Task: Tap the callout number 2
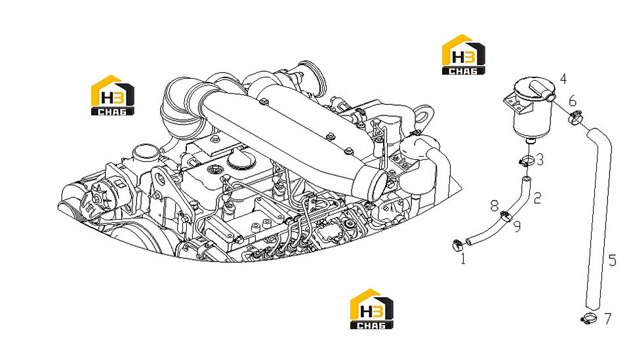click(x=538, y=197)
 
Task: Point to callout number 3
click(x=540, y=159)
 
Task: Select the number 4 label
click(x=563, y=79)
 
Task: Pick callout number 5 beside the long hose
click(x=612, y=260)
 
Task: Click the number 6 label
click(x=573, y=100)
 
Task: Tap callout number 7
click(x=608, y=319)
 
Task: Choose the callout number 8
click(x=495, y=206)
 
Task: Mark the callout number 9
click(x=517, y=226)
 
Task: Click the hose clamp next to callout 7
click(x=588, y=319)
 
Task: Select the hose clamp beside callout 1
click(x=457, y=245)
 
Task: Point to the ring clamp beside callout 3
click(x=526, y=161)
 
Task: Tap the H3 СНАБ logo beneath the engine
click(x=371, y=309)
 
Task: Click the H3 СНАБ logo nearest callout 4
click(x=463, y=54)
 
